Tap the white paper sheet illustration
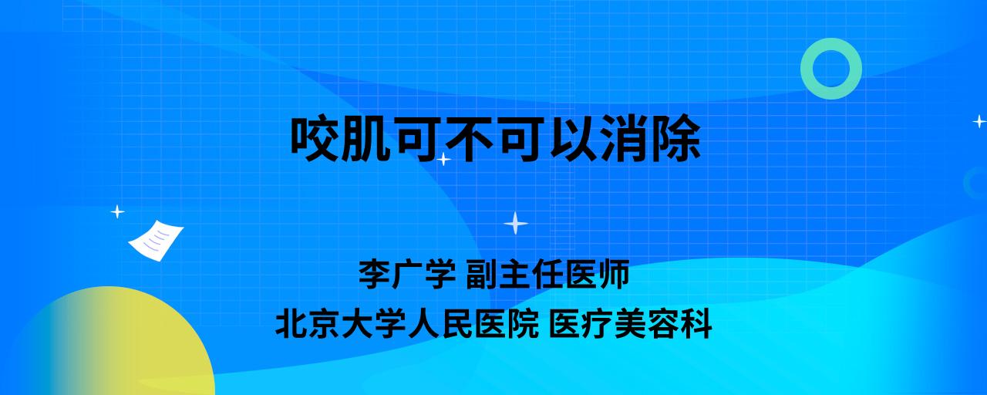(x=156, y=241)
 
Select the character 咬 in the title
(x=315, y=138)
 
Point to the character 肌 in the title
(x=366, y=138)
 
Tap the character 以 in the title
(x=573, y=138)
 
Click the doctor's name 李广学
(x=407, y=274)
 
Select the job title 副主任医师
(x=547, y=274)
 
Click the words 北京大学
(x=342, y=324)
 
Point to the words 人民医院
(x=473, y=324)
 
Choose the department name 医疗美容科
(x=631, y=324)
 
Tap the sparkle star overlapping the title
(x=443, y=159)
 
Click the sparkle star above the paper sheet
(x=117, y=212)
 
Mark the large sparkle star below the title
(x=516, y=224)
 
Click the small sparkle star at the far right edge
(x=979, y=121)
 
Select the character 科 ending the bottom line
(x=696, y=324)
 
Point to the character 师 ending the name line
(x=613, y=274)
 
